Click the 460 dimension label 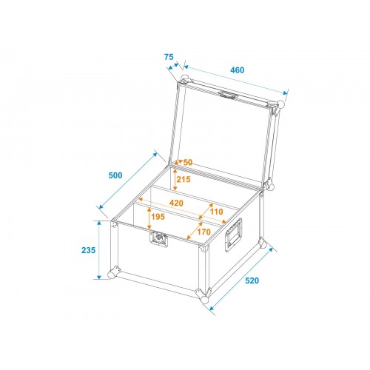tap(238, 70)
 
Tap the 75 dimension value tap(169, 57)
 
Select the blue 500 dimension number tap(115, 175)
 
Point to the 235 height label tap(88, 250)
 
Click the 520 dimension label tap(252, 280)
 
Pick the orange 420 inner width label tap(176, 203)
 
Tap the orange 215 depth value tap(184, 179)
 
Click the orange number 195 tap(158, 217)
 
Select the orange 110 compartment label tap(216, 212)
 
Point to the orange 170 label tap(203, 232)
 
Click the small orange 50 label tap(188, 162)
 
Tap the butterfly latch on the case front tap(158, 239)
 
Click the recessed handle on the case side tap(233, 235)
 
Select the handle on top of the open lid tap(229, 95)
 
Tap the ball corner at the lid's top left tap(185, 79)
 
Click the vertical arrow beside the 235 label tap(99, 250)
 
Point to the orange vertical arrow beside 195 tap(149, 218)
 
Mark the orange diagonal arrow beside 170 tap(195, 231)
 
